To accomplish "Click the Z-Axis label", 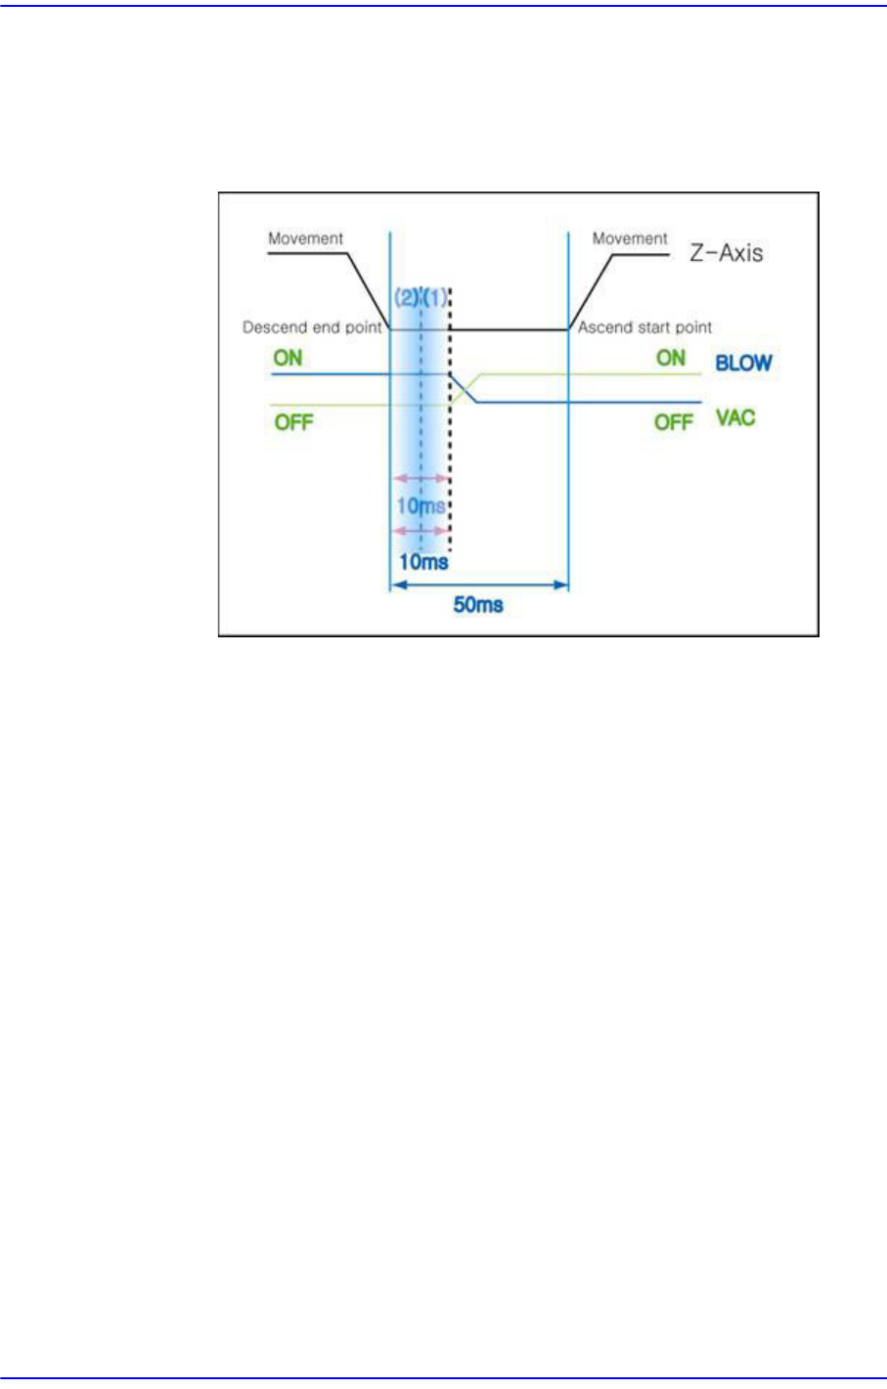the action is pos(727,253).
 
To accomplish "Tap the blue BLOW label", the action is pos(743,363).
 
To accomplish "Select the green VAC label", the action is pos(735,418).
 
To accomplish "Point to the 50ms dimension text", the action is pos(478,605).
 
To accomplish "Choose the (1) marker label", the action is pos(435,297).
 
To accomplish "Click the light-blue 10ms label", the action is pos(421,506).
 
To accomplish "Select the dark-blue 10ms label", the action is pos(423,562).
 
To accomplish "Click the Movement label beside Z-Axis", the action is pos(630,239).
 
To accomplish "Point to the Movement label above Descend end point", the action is pos(306,239).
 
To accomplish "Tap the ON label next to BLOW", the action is pos(671,358).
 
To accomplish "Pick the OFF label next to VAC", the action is pos(673,422).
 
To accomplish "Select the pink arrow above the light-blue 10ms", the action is pos(421,479).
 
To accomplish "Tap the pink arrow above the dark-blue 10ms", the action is pos(421,531).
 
